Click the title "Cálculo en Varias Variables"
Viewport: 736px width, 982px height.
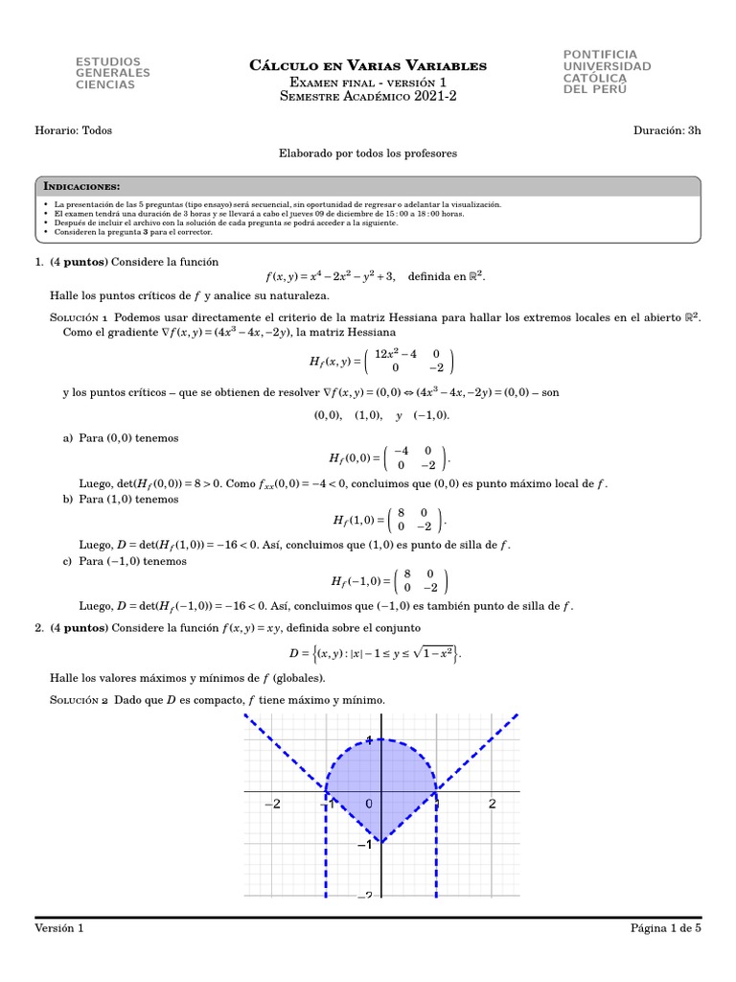(368, 65)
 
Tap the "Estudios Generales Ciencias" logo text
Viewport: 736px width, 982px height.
(112, 73)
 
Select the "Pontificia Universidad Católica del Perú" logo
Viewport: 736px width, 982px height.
(607, 72)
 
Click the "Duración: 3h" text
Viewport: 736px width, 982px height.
(668, 130)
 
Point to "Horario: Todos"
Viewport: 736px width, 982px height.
(73, 130)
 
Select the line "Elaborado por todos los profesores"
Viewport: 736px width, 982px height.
(368, 152)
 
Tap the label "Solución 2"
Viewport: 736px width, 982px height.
(80, 700)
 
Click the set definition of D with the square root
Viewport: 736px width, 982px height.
(376, 653)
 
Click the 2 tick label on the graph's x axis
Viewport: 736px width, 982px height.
(492, 804)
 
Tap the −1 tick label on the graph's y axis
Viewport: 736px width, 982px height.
(364, 845)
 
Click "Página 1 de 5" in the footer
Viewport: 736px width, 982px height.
(666, 928)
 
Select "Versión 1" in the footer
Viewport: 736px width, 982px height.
(59, 928)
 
